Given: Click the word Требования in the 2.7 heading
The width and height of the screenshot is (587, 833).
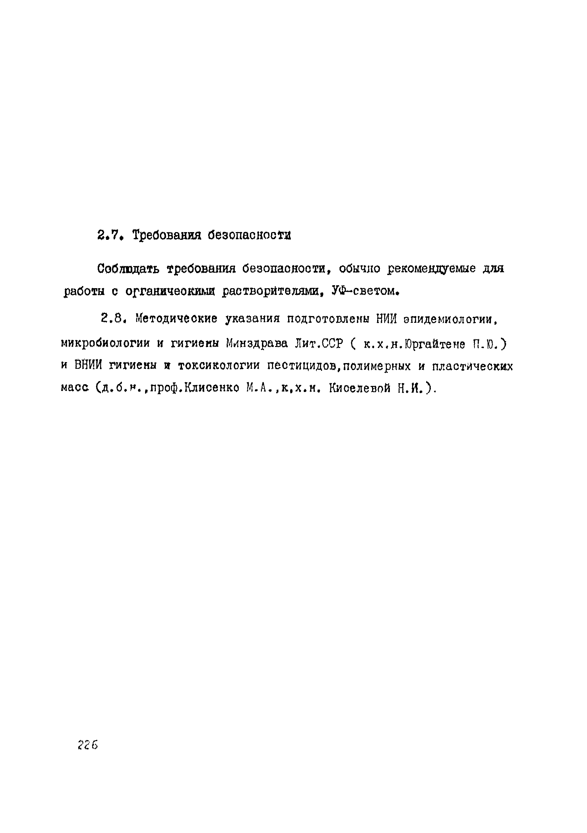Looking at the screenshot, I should [x=167, y=236].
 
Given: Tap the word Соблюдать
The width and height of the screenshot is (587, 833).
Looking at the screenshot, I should [x=128, y=269].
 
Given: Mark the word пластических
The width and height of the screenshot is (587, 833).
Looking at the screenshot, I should [x=473, y=366].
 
